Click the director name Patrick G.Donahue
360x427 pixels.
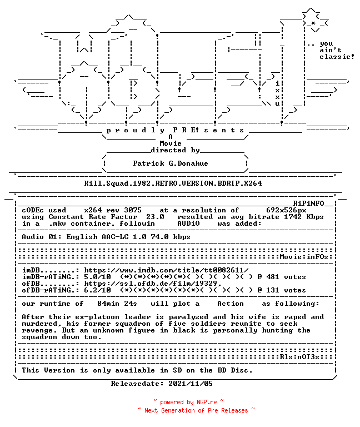pos(171,163)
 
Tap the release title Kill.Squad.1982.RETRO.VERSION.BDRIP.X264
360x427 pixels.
pos(173,183)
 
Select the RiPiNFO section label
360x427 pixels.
pos(308,203)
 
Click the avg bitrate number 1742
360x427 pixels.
pos(293,217)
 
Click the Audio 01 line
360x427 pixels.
pos(106,237)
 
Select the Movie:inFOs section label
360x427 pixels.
pos(304,257)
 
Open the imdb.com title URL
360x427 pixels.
pos(166,270)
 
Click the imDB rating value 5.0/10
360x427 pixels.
pos(97,277)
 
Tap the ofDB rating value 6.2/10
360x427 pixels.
pos(97,290)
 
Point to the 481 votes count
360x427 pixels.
pos(286,277)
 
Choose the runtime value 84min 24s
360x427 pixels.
pos(117,304)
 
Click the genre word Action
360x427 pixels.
pos(231,304)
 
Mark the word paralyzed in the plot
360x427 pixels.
pos(188,317)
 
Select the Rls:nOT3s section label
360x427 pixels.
pos(299,357)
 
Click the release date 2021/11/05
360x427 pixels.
pos(191,384)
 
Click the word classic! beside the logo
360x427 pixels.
pos(337,57)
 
